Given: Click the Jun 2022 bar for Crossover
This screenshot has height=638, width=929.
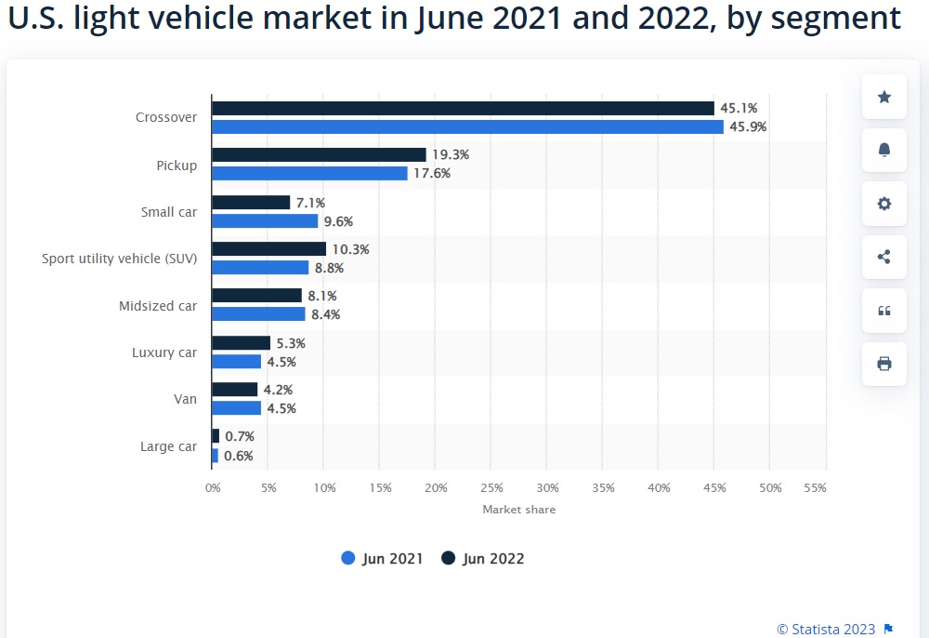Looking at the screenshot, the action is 463,108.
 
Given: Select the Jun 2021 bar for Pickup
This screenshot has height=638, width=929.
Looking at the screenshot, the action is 310,173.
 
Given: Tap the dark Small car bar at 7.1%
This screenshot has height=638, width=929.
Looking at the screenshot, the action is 251,202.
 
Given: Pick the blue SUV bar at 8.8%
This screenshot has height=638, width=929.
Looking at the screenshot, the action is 261,268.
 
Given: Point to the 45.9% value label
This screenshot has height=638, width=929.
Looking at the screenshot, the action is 748,126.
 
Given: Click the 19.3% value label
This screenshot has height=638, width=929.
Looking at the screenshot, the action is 451,154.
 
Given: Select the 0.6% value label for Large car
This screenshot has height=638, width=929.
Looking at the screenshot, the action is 239,456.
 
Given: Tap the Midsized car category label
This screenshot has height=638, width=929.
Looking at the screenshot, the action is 158,306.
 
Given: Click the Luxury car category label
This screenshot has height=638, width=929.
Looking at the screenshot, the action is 164,352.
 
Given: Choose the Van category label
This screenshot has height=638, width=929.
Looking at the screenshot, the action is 186,399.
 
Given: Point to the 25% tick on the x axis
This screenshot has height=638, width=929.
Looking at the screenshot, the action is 491,488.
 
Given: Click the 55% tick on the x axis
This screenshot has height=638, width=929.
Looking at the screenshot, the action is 816,488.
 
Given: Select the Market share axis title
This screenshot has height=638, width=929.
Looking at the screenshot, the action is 519,510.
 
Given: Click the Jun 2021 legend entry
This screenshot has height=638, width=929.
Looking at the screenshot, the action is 382,559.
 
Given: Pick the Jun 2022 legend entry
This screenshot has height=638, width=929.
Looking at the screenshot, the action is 483,559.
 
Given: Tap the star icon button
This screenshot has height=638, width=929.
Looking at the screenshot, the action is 884,97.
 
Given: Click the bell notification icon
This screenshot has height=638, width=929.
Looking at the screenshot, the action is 884,150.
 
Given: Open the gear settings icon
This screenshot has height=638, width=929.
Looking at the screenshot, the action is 884,204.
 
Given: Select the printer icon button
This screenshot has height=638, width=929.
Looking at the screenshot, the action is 884,364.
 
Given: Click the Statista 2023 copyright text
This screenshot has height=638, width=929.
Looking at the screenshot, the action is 826,629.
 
